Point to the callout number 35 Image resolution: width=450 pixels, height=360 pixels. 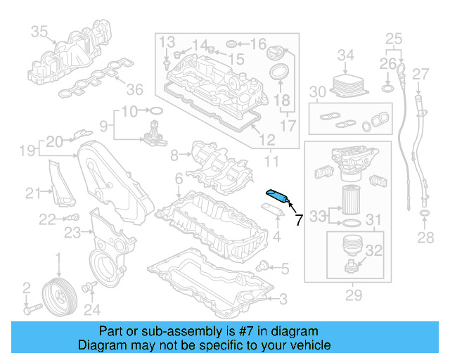[x=39, y=32]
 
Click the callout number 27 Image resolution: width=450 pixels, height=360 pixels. [x=420, y=75]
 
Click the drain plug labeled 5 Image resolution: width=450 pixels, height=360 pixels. [x=262, y=266]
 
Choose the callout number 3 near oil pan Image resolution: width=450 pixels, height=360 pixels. [x=282, y=300]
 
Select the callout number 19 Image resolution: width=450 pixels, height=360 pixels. [x=27, y=150]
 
